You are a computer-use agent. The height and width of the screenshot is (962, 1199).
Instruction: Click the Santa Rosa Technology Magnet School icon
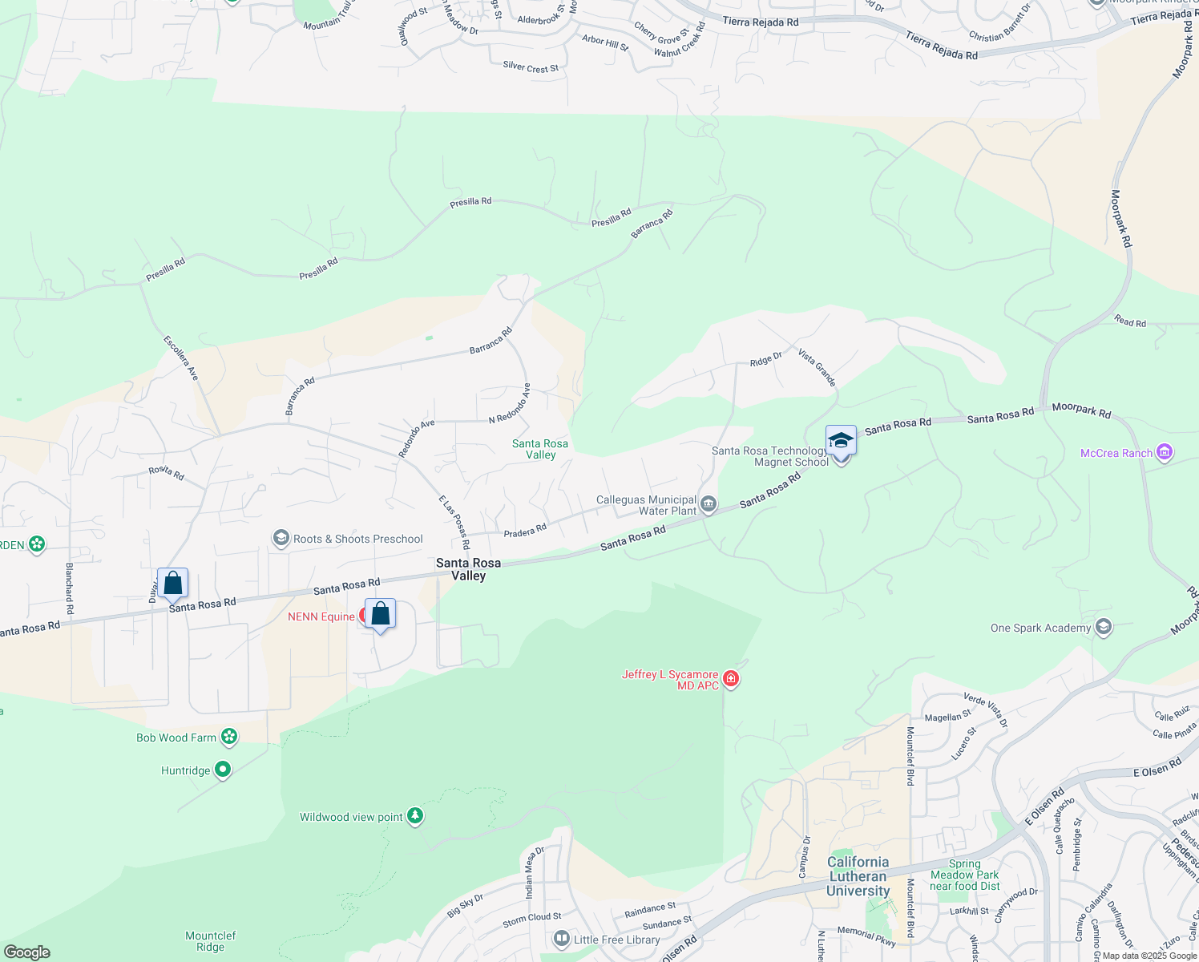coord(841,441)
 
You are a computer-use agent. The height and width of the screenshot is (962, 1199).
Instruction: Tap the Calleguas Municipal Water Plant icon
coord(708,504)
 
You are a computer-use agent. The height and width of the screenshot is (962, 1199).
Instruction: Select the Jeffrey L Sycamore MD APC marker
coord(730,680)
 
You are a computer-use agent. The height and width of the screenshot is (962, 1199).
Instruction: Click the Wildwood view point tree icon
coord(414,817)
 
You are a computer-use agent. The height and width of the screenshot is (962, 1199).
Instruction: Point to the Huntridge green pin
coord(223,770)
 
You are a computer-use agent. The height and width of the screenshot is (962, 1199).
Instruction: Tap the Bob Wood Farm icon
coord(229,737)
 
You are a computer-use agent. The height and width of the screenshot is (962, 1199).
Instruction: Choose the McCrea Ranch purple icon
coord(1165,453)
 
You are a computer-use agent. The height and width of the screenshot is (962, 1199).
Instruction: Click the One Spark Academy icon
coord(1103,627)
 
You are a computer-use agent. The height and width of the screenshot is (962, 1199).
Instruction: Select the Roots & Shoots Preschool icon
coord(281,539)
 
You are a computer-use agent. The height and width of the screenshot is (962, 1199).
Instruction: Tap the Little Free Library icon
coord(562,939)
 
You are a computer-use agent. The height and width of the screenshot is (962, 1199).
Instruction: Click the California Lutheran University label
coord(858,876)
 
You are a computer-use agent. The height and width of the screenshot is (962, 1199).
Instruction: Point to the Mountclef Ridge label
coord(211,941)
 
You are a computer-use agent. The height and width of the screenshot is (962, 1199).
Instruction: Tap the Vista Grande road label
coord(817,367)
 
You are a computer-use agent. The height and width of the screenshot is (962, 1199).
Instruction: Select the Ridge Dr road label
coord(765,360)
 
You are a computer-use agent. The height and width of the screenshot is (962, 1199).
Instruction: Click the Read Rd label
coord(1130,321)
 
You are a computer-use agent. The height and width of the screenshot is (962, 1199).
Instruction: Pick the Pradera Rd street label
coord(525,531)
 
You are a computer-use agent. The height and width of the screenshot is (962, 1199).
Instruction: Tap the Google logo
coord(27,952)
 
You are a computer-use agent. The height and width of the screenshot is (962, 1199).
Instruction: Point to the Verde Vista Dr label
coord(986,710)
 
